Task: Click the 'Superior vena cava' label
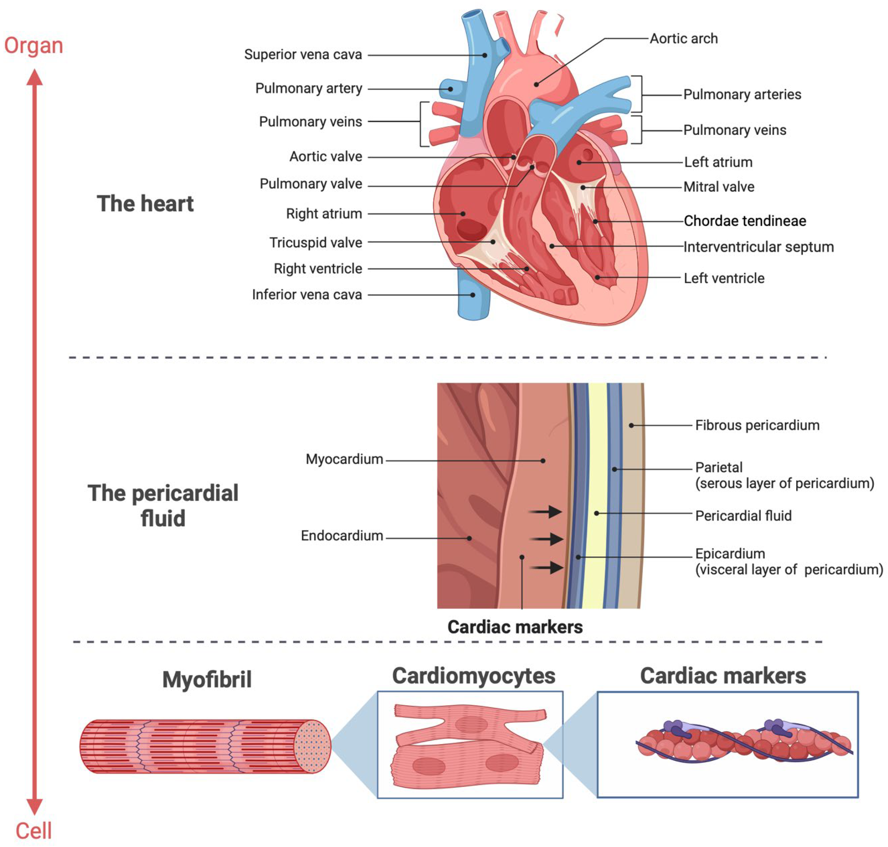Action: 303,55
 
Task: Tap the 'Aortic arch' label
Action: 683,39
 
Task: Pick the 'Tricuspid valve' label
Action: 316,243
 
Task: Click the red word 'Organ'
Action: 33,46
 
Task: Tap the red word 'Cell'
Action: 33,831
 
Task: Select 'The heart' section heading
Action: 145,204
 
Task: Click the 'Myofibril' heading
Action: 207,679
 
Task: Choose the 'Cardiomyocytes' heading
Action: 474,676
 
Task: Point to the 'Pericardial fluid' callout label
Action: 743,516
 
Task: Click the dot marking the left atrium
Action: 579,163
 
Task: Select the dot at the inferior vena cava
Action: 473,295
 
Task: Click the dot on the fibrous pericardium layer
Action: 631,425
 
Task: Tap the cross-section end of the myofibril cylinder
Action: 312,746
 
